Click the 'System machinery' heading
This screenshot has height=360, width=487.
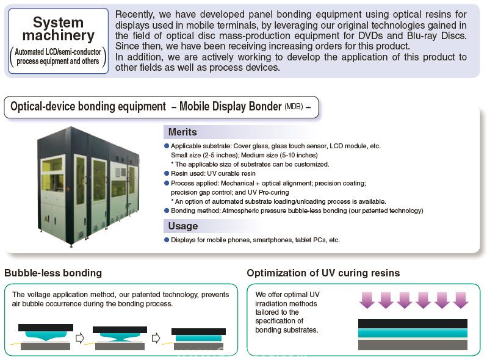[59, 29]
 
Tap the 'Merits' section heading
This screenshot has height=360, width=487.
[182, 132]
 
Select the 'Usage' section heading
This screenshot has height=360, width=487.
[183, 226]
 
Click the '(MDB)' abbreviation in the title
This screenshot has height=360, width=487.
[294, 107]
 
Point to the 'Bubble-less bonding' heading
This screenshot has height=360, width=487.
[53, 273]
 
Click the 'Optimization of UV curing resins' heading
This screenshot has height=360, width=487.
[323, 273]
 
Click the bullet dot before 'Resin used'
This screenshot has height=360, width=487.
[167, 173]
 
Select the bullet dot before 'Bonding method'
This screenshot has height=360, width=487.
[167, 211]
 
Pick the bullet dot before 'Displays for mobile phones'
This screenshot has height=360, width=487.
[167, 240]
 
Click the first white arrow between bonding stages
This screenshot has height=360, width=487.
[80, 337]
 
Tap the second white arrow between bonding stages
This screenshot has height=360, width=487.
[156, 337]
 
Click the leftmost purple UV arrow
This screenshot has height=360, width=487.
[367, 300]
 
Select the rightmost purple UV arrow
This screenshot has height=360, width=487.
[461, 300]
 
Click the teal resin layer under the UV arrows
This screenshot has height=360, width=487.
[413, 333]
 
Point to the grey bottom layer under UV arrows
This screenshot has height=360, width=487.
[413, 345]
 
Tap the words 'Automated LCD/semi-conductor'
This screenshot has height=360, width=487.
[58, 52]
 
